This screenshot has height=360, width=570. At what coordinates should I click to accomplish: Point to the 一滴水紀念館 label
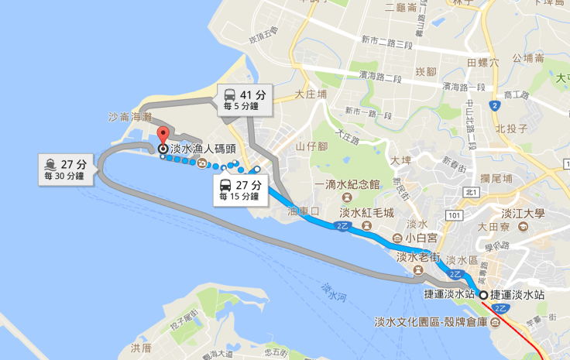click(348, 185)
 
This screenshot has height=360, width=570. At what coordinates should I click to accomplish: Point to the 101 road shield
click(455, 214)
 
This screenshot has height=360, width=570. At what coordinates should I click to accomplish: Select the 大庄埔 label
click(311, 93)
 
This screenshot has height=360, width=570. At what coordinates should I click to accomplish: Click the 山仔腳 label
click(312, 146)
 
